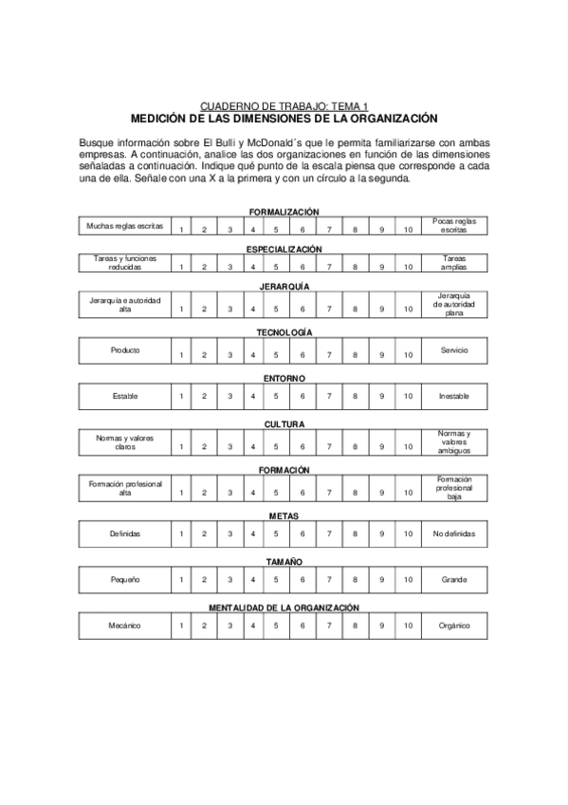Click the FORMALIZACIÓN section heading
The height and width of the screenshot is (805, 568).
(284, 212)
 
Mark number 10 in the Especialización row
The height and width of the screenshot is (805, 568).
(407, 268)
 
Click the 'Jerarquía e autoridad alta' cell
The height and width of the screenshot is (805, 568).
(125, 305)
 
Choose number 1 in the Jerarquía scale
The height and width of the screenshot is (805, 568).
(180, 309)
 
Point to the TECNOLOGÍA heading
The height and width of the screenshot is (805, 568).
(284, 332)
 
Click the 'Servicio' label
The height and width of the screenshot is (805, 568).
(453, 350)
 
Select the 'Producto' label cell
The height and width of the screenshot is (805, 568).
(125, 350)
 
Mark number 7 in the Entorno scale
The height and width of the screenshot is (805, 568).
(329, 396)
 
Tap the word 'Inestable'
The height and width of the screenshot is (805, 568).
(453, 396)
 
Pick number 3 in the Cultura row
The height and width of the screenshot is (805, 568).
(229, 446)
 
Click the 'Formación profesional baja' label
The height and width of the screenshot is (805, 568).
(453, 488)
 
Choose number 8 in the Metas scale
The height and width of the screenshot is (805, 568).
(355, 534)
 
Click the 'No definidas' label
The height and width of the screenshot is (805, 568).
(453, 534)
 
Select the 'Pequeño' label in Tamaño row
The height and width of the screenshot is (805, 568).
(125, 579)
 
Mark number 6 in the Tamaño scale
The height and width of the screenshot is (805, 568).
(302, 579)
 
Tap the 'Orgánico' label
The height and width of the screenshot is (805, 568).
(453, 626)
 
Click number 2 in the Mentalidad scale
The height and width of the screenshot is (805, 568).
(204, 626)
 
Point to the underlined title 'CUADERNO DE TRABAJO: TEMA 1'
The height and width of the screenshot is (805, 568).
(284, 107)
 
